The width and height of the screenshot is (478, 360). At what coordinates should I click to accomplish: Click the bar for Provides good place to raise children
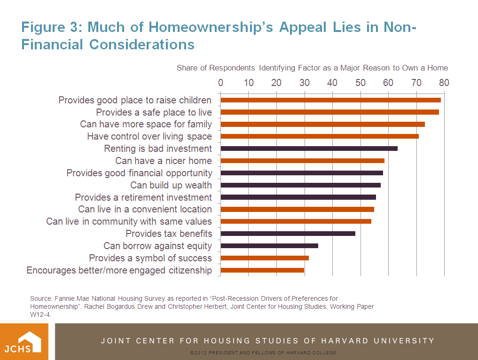[x=330, y=100]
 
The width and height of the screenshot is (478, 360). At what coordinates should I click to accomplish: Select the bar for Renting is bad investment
[x=309, y=149]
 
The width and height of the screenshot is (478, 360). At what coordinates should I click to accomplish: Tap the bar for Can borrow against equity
[x=269, y=246]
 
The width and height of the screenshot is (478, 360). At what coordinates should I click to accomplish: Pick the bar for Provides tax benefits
[x=288, y=234]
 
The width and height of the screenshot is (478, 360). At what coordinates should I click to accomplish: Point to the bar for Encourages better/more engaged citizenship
[x=262, y=270]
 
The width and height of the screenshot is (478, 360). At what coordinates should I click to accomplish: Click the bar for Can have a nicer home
[x=302, y=161]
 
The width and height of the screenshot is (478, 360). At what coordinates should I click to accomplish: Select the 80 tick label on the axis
[x=444, y=83]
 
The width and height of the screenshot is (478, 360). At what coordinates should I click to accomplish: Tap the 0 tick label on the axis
[x=221, y=83]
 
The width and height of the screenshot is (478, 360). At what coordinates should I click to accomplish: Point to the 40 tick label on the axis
[x=332, y=83]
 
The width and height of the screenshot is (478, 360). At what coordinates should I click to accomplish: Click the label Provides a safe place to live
[x=154, y=112]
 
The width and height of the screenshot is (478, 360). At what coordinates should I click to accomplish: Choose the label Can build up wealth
[x=171, y=185]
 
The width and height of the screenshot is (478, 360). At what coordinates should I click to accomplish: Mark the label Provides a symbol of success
[x=150, y=258]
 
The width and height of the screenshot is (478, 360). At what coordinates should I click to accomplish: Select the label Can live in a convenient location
[x=145, y=209]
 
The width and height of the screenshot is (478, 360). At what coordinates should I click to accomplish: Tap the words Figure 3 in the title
[x=50, y=27]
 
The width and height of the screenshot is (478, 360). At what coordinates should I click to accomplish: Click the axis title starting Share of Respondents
[x=312, y=68]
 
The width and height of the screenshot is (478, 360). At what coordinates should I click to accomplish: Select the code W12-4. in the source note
[x=40, y=315]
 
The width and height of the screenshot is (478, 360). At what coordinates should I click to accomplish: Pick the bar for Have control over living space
[x=320, y=136]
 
